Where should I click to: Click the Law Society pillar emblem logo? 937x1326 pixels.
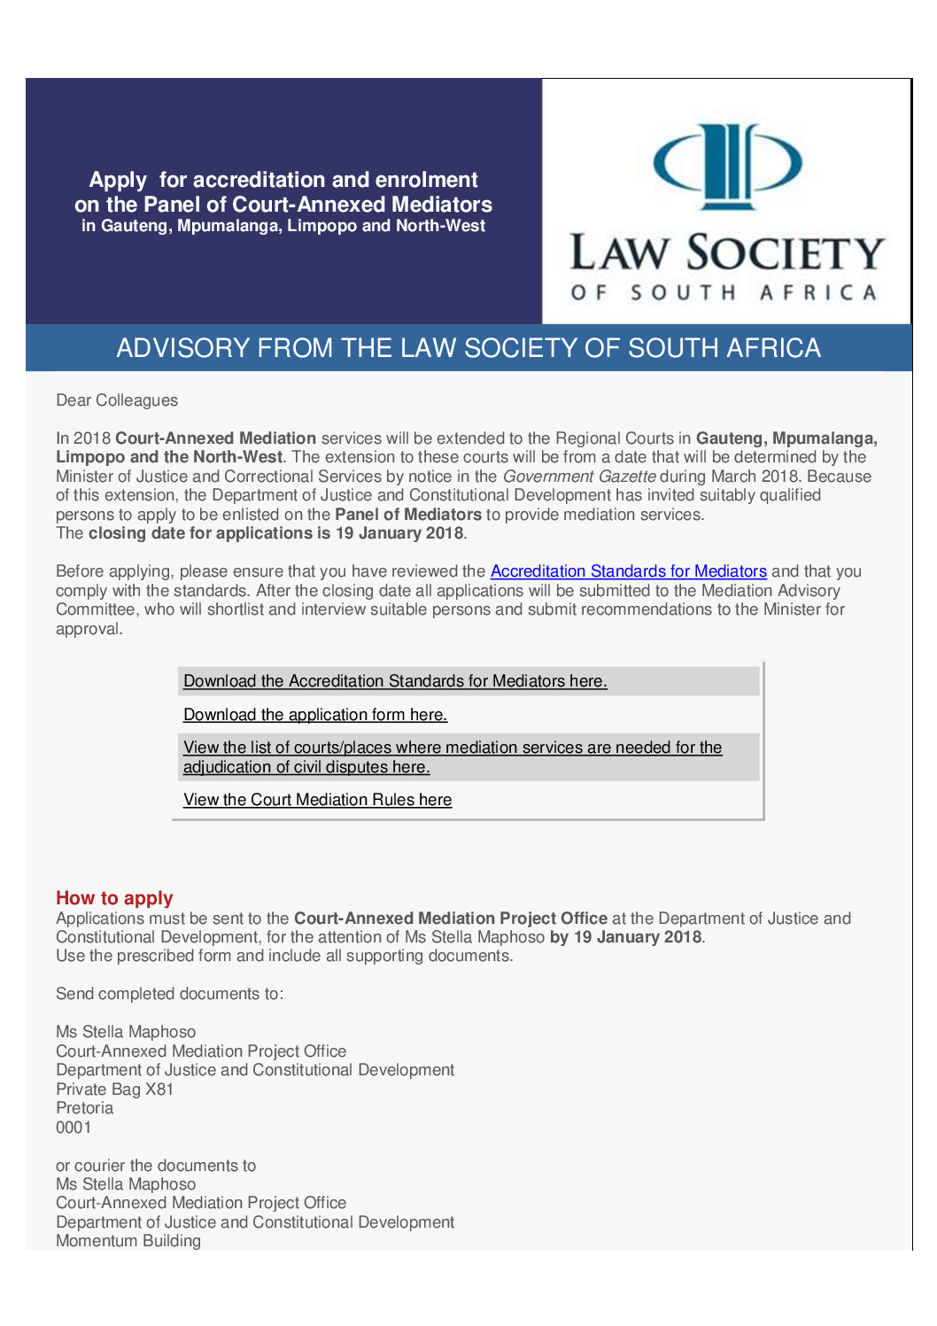tap(727, 166)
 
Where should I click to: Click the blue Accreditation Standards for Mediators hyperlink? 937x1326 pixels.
tap(628, 571)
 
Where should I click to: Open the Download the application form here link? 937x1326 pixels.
tap(314, 715)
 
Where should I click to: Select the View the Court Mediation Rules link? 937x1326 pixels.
tap(317, 800)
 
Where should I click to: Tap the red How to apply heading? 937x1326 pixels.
tap(114, 898)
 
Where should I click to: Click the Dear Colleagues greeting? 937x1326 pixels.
tap(117, 400)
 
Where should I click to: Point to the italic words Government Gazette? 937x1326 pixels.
tap(579, 477)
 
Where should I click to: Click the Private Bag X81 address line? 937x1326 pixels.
tap(114, 1089)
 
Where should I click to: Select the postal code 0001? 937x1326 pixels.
tap(74, 1128)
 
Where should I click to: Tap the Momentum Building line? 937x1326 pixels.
tap(128, 1241)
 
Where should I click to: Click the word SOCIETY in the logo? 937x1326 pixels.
tap(786, 253)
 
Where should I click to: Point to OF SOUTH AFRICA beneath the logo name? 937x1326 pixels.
tap(724, 292)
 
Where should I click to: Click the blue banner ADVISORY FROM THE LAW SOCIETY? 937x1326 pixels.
tap(468, 348)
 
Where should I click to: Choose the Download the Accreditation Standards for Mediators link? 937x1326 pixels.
tap(395, 681)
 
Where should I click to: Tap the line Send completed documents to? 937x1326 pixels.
tap(169, 994)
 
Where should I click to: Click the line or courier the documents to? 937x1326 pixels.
tap(156, 1166)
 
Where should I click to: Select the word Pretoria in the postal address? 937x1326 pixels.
tap(85, 1108)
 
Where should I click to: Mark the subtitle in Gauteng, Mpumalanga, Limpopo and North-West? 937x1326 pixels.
tap(283, 226)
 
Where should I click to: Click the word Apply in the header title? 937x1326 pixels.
tap(118, 180)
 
